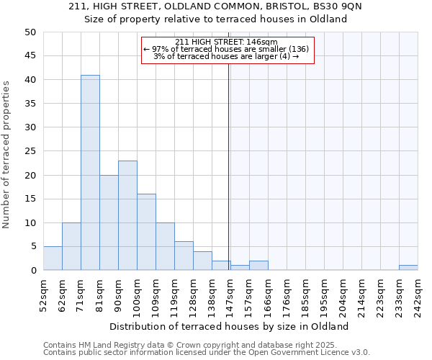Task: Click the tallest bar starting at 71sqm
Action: [90, 173]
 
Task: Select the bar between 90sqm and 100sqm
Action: [127, 215]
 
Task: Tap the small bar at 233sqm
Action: [408, 268]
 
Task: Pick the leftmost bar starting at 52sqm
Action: [53, 258]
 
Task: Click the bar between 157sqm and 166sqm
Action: [258, 266]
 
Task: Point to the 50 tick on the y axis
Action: [30, 32]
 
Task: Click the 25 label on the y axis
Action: [30, 151]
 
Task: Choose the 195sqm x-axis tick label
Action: [324, 294]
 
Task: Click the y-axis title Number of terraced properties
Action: [6, 154]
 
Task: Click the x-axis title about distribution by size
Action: [229, 326]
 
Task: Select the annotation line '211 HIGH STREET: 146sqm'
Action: [228, 42]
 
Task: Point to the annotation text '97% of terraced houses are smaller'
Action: [228, 49]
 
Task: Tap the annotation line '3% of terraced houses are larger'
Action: [228, 56]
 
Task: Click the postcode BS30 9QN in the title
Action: [348, 6]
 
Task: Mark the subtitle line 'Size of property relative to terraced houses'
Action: [216, 19]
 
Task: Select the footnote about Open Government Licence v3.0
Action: [207, 353]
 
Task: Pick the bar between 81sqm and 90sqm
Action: [109, 222]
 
